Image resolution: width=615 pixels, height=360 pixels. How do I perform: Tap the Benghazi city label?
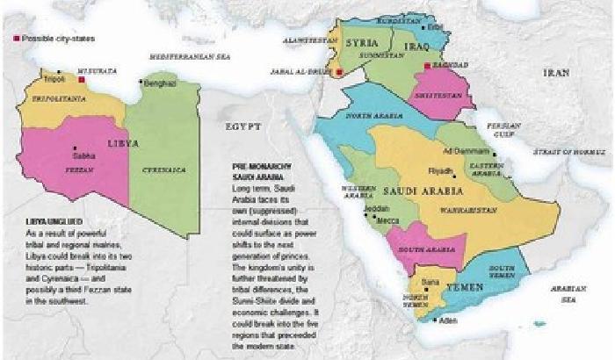point(160,83)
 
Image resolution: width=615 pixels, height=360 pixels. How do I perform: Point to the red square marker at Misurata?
point(82,78)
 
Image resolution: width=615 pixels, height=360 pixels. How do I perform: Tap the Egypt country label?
point(243,126)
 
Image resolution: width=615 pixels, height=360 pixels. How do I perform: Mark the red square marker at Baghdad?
point(427,66)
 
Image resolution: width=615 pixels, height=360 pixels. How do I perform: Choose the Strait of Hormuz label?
point(563,152)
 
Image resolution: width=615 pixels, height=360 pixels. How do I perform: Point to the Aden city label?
point(449,320)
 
